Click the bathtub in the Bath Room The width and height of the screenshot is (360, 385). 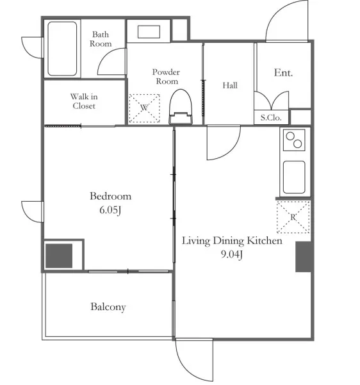pos(62,49)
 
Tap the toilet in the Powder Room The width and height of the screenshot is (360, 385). pos(181,107)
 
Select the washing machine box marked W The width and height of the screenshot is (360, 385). pos(144,108)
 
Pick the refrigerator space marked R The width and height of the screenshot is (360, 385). pos(293,217)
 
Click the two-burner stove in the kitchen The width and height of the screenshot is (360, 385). pos(294,140)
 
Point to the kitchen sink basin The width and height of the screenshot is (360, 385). pos(294,177)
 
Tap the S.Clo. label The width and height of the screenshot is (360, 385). pos(271,118)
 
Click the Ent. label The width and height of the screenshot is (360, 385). pos(283,72)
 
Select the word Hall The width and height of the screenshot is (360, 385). pos(230,85)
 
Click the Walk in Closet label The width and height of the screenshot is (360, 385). pos(84,101)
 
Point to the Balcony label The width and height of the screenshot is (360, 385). pos(108,307)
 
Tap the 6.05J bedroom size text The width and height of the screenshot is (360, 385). pos(110,210)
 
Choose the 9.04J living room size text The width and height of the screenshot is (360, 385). pos(232,254)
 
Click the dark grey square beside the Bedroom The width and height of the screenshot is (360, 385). pos(59,256)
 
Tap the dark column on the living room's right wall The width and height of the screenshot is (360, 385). pos(304,257)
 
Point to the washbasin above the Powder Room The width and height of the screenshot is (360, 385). pos(149,31)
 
